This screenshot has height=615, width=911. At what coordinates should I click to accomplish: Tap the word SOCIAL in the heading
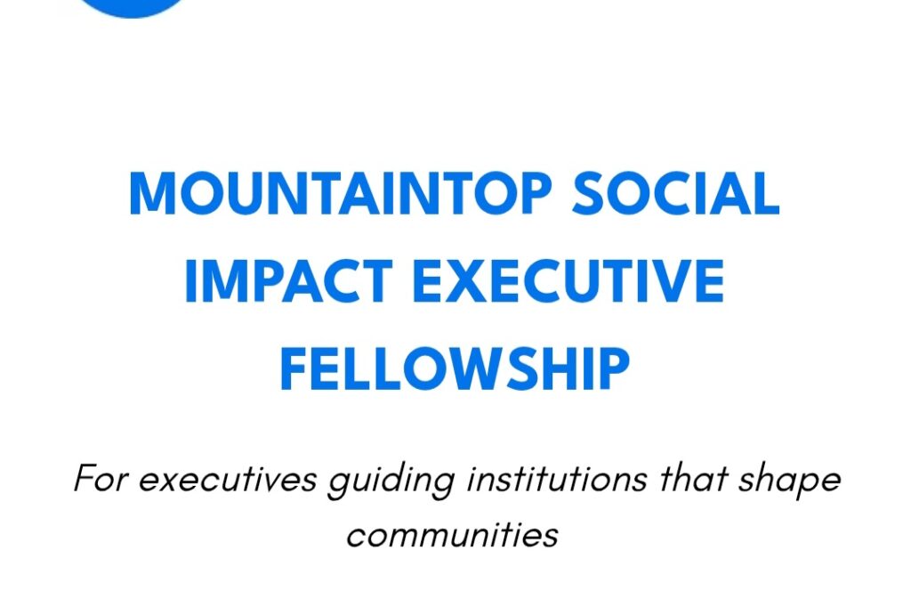(675, 194)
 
